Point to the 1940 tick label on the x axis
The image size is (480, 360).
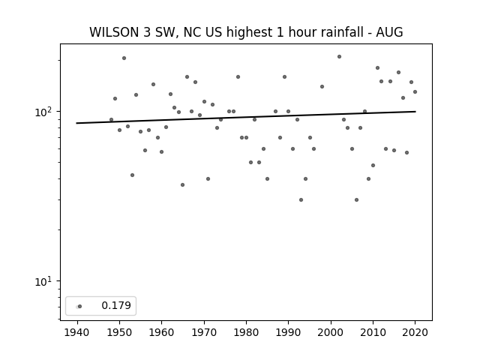point(77,332)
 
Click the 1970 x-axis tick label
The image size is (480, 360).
point(204,332)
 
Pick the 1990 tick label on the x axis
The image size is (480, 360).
point(288,332)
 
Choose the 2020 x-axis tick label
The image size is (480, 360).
point(415,332)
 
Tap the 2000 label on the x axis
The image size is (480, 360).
point(331,332)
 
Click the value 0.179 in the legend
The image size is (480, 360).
point(116,305)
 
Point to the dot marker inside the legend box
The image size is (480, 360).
point(80,306)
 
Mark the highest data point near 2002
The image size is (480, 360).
point(339,57)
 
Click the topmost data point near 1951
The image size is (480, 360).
point(124,58)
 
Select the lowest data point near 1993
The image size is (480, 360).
point(301,200)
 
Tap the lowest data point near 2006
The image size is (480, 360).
point(356,200)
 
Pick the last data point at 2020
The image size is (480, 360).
point(415,91)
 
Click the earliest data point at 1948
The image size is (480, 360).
point(111,120)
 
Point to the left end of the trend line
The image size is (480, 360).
point(76,123)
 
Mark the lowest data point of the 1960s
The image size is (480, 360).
point(182,185)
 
